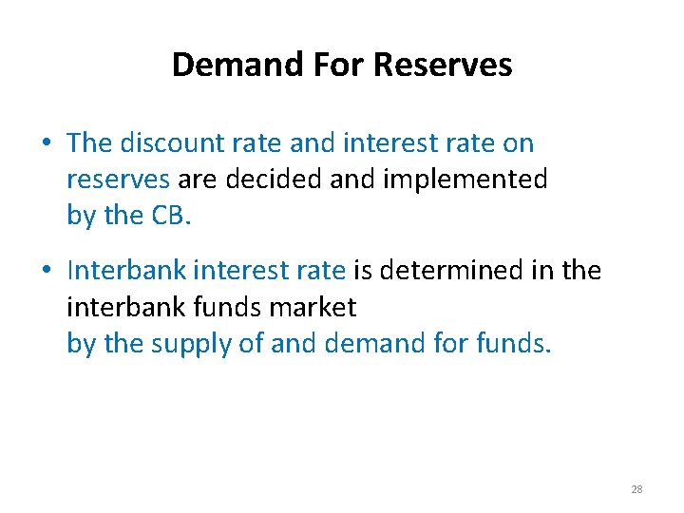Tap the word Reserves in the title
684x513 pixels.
[x=443, y=65]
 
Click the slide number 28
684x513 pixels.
[x=636, y=489]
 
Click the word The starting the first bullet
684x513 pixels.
[x=90, y=143]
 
